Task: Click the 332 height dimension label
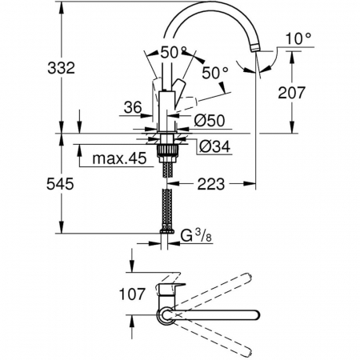click(x=61, y=68)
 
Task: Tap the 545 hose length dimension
click(x=60, y=184)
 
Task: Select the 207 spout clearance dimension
click(x=291, y=93)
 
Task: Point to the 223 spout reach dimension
click(x=211, y=184)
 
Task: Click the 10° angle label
click(x=298, y=38)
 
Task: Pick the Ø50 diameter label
click(x=210, y=121)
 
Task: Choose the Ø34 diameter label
click(x=215, y=146)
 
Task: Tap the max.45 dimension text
click(x=119, y=158)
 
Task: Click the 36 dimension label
click(x=133, y=108)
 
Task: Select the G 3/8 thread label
click(x=196, y=236)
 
